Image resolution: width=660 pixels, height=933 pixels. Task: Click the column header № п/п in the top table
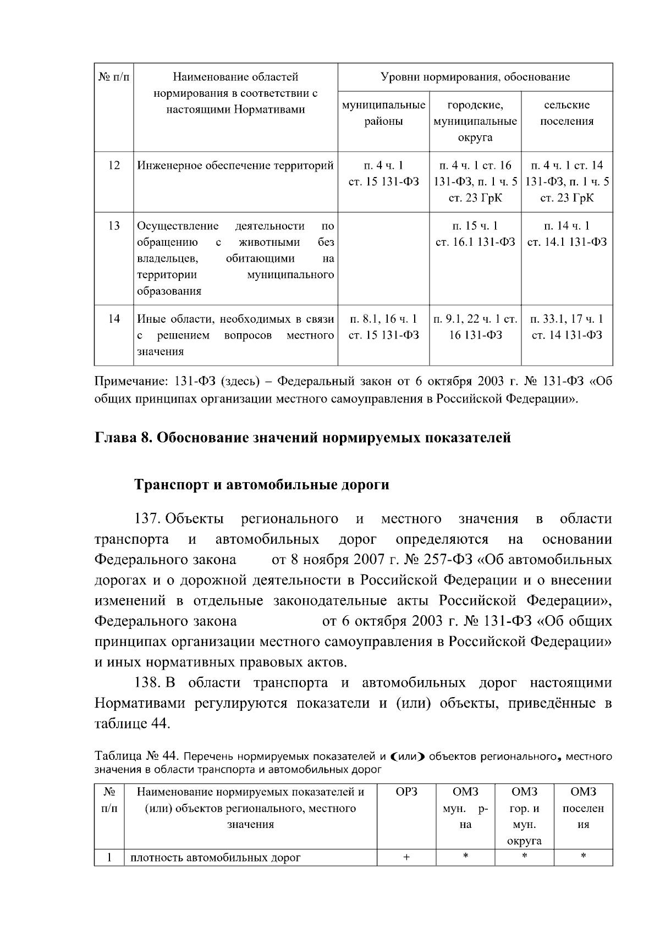(113, 77)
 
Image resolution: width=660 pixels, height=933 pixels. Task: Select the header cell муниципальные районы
(383, 113)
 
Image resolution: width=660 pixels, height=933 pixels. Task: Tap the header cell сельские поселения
(566, 113)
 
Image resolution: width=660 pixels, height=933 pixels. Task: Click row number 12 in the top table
(114, 165)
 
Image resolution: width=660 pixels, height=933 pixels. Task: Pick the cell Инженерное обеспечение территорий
(235, 165)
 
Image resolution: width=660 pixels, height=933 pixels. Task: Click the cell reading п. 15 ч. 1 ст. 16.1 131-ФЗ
(475, 234)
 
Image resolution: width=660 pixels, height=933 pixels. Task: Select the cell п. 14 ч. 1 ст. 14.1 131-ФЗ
(566, 234)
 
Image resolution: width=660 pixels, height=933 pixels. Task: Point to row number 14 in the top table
(114, 319)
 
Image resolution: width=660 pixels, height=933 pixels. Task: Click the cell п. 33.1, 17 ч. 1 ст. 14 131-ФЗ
(566, 327)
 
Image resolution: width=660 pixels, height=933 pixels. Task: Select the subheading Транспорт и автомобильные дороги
(262, 485)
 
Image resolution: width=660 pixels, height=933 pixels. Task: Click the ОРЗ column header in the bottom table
(406, 792)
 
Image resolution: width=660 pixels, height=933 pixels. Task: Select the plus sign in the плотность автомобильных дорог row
(406, 858)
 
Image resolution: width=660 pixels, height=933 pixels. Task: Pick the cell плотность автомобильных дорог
(216, 858)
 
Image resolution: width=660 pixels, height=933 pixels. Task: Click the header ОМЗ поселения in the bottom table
(583, 808)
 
